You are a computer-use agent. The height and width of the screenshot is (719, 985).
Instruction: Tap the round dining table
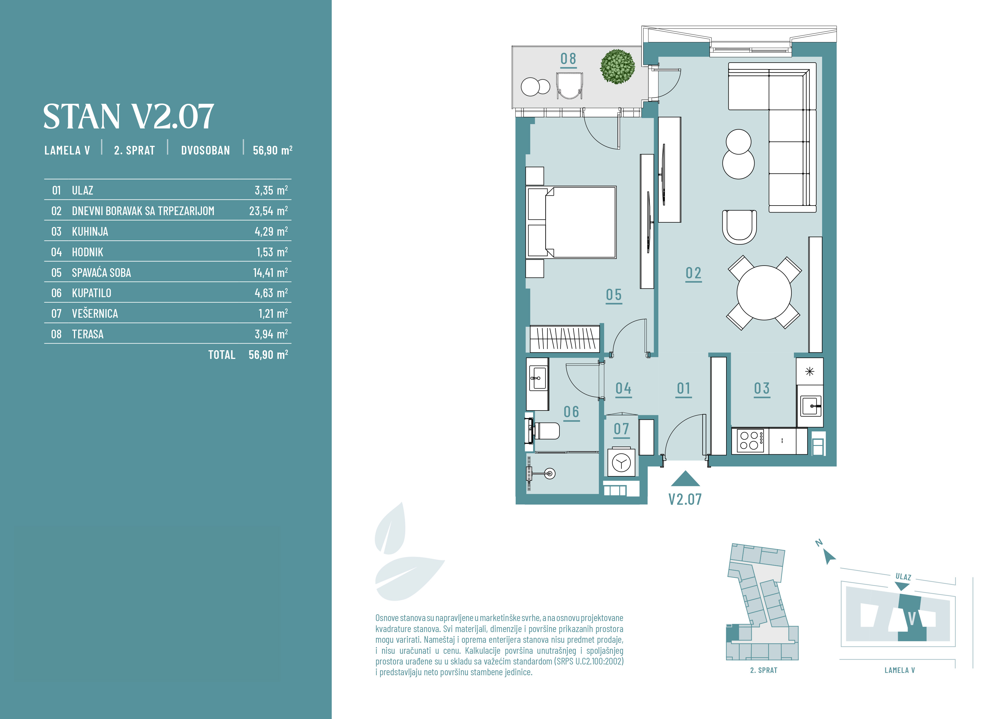click(x=764, y=293)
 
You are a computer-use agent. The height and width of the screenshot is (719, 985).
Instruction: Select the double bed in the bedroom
click(x=571, y=222)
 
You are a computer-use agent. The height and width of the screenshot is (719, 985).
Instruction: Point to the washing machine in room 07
click(x=621, y=462)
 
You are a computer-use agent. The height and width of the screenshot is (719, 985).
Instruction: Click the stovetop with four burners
click(x=750, y=440)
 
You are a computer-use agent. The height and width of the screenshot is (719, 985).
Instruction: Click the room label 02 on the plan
click(x=693, y=273)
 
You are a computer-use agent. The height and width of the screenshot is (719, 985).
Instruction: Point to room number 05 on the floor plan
click(x=614, y=295)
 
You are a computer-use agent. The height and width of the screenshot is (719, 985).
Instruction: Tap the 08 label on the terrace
click(x=568, y=59)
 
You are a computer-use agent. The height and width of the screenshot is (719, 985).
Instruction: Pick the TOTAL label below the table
click(x=222, y=355)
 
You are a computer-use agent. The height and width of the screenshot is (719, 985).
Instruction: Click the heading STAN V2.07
click(x=129, y=116)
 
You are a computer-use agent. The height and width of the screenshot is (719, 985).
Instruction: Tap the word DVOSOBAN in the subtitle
click(x=205, y=150)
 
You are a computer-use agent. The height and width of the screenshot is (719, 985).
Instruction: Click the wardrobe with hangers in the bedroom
click(x=565, y=339)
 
